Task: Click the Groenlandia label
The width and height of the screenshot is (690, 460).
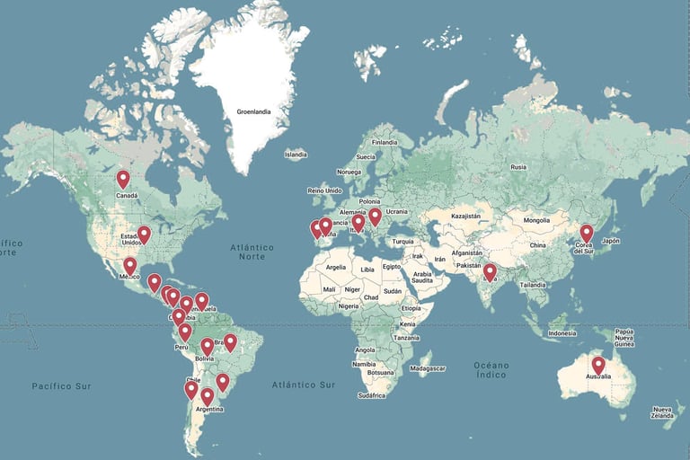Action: point(254,112)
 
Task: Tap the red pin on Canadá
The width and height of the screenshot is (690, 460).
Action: point(123,180)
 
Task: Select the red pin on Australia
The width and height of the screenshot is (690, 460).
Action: point(598,365)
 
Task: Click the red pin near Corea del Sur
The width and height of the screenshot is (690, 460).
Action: point(587,233)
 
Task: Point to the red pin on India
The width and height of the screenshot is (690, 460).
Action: point(490,271)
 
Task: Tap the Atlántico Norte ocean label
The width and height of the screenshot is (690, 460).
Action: point(252,252)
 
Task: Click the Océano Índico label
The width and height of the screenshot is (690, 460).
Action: point(492,369)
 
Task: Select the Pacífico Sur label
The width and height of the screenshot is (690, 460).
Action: point(62,385)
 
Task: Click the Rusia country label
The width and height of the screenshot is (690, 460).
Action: point(518,167)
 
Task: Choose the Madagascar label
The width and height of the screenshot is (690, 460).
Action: point(427,368)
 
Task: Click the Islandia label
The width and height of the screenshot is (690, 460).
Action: point(296,155)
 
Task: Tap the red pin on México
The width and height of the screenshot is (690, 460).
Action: point(130,266)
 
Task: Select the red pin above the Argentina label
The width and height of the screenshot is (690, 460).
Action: point(208,395)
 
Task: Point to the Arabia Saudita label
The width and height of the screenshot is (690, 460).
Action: point(421,277)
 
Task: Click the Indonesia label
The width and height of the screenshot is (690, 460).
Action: point(562,333)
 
